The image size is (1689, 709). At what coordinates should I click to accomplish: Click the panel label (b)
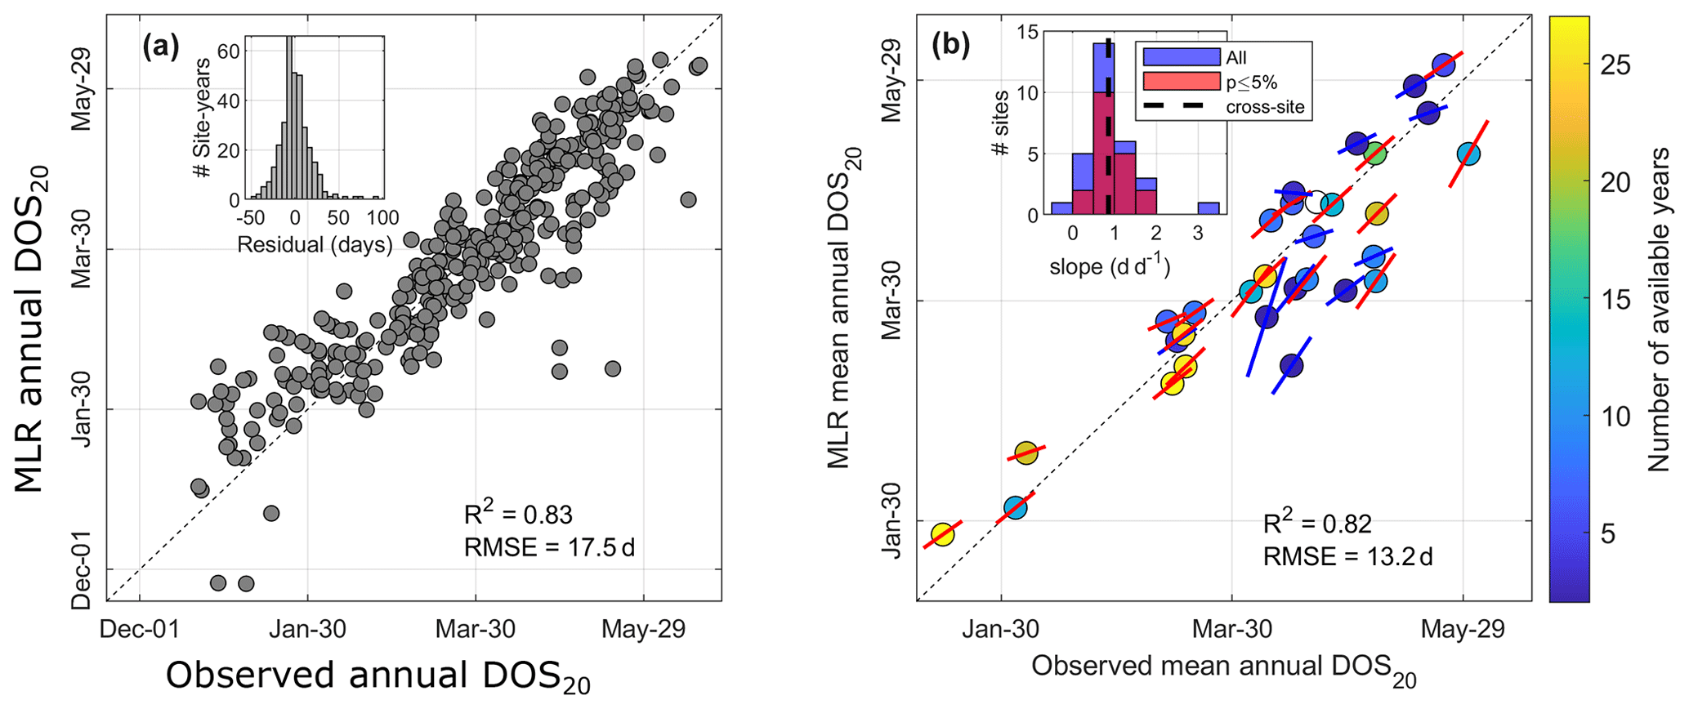coord(951,46)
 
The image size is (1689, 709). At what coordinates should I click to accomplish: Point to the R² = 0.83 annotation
coord(518,515)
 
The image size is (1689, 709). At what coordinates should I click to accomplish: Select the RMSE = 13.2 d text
coord(1347,557)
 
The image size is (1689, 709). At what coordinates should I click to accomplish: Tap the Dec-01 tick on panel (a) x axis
coord(139,629)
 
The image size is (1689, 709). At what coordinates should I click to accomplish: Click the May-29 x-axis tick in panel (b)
coord(1463,629)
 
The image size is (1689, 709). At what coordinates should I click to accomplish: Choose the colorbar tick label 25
coord(1613,65)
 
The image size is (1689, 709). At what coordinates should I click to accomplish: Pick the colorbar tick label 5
coord(1607,534)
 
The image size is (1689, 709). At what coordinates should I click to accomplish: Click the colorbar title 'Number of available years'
coord(1660,310)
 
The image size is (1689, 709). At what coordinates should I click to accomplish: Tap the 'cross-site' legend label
coord(1265,107)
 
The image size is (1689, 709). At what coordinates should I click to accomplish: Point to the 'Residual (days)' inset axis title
coord(315,244)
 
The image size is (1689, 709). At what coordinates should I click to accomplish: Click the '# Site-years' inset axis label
coord(203,118)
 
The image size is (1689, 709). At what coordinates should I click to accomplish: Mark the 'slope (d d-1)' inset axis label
coord(1110,267)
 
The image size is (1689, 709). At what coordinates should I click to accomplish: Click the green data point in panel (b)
coord(1374,153)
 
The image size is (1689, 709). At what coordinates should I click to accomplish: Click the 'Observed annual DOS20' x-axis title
coord(378,677)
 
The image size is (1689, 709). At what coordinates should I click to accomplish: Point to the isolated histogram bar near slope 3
coord(1209,208)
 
